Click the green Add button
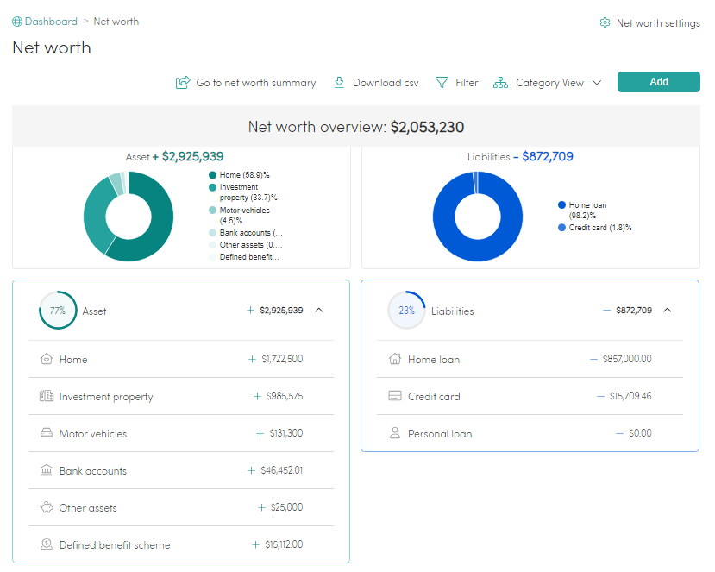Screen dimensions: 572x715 pyautogui.click(x=658, y=82)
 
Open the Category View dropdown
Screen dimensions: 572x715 pyautogui.click(x=548, y=83)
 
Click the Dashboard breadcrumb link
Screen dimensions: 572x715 pyautogui.click(x=50, y=22)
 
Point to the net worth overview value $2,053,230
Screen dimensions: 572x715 pyautogui.click(x=427, y=128)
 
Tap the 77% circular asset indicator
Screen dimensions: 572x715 pyautogui.click(x=58, y=311)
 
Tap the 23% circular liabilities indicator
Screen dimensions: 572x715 pyautogui.click(x=406, y=311)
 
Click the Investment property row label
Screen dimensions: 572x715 pyautogui.click(x=106, y=397)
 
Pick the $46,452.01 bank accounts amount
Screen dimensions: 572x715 pyautogui.click(x=281, y=471)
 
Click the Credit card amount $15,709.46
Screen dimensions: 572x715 pyautogui.click(x=630, y=397)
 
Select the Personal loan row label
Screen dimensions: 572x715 pyautogui.click(x=440, y=434)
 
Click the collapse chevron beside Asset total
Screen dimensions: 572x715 pyautogui.click(x=319, y=311)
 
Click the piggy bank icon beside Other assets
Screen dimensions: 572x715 pyautogui.click(x=47, y=508)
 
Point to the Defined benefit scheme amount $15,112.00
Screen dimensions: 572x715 pyautogui.click(x=283, y=545)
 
